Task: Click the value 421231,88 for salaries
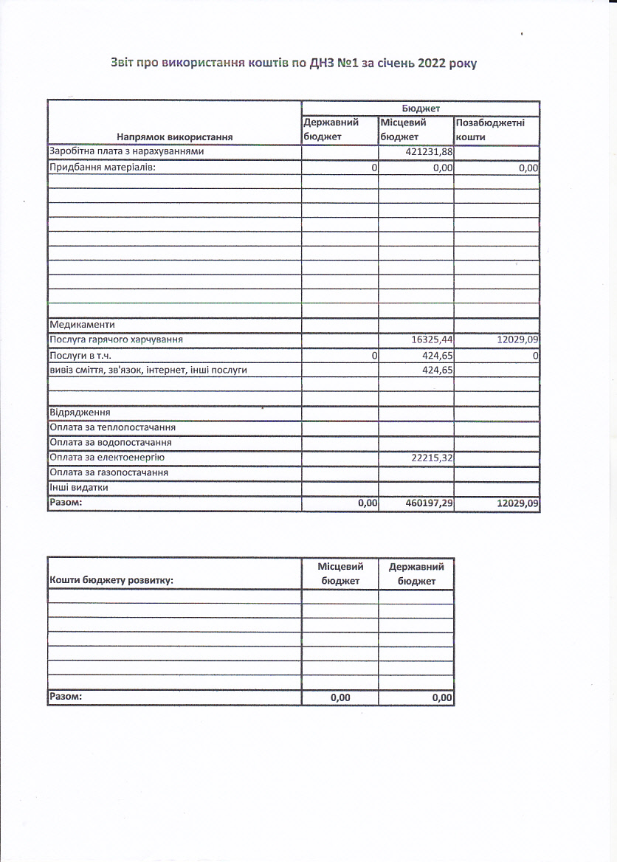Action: pyautogui.click(x=430, y=152)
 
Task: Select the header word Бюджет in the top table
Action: pyautogui.click(x=421, y=108)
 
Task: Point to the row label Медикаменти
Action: pyautogui.click(x=82, y=325)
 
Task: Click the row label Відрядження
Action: pyautogui.click(x=80, y=412)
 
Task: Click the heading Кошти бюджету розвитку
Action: pyautogui.click(x=111, y=580)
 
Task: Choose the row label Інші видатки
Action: pyautogui.click(x=78, y=488)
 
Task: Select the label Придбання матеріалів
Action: pyautogui.click(x=103, y=168)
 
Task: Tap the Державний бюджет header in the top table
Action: pyautogui.click(x=331, y=130)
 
